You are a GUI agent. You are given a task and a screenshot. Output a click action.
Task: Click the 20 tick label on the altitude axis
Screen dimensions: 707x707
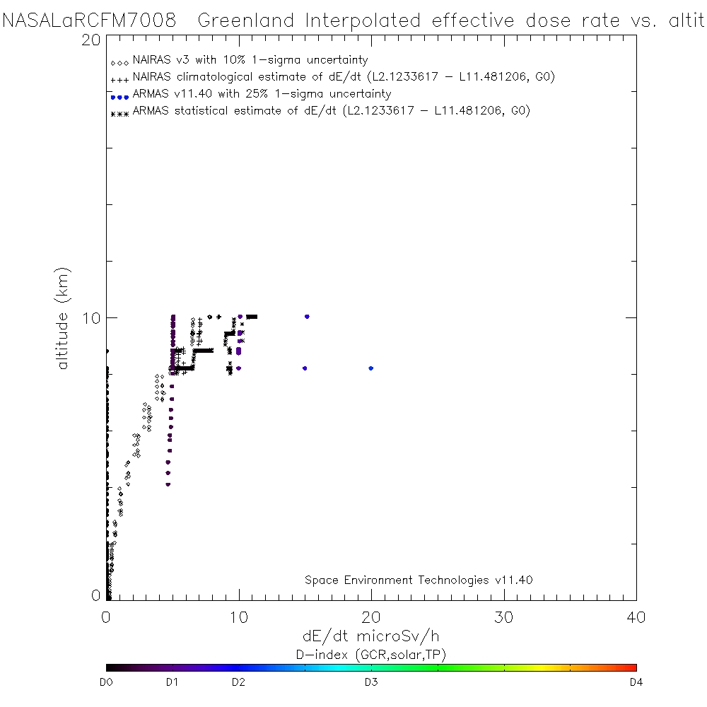(x=90, y=40)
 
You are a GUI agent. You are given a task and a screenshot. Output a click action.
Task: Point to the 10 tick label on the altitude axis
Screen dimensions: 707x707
(x=90, y=317)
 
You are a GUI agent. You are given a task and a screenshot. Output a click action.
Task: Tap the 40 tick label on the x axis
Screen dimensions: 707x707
(x=636, y=617)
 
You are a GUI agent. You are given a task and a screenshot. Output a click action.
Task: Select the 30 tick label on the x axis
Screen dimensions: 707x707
(x=503, y=617)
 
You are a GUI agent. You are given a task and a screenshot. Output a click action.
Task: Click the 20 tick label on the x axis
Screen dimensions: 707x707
(x=371, y=617)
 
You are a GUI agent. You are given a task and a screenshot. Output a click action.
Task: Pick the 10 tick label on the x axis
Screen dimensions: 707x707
(x=239, y=617)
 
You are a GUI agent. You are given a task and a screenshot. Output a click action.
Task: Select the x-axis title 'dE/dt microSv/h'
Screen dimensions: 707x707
(x=371, y=636)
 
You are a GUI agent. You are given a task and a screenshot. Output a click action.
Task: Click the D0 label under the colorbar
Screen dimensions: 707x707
(x=107, y=683)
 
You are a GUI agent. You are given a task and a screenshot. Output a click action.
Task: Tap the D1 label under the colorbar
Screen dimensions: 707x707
(x=171, y=683)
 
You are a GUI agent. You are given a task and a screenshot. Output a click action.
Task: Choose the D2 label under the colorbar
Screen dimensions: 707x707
(x=238, y=683)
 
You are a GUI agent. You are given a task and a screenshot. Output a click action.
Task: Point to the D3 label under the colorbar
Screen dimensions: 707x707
(x=370, y=683)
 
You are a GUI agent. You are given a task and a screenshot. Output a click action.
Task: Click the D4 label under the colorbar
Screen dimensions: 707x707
(x=636, y=683)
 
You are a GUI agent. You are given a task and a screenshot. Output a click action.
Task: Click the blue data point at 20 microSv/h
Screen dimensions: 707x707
(x=371, y=368)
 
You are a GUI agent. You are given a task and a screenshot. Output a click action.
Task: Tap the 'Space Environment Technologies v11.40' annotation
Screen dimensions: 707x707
(x=419, y=580)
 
